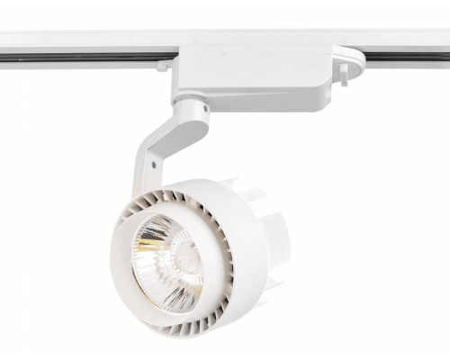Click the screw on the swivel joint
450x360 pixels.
[200, 114]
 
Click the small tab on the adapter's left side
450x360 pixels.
[162, 65]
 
